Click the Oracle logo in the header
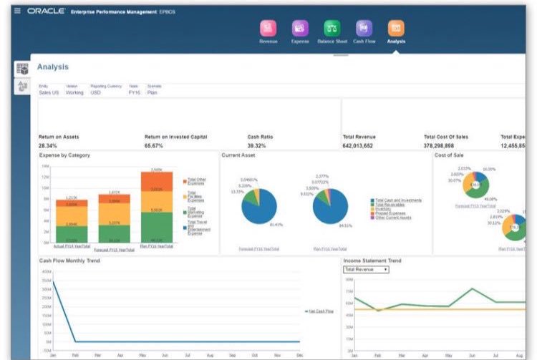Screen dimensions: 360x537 [47, 11]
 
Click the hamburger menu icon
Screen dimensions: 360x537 [17, 11]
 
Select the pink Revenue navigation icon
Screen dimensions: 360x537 [268, 28]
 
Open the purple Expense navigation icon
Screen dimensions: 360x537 [299, 28]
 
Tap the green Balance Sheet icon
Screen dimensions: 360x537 [332, 28]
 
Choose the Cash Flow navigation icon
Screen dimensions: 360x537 [364, 28]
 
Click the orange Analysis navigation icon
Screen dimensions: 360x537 [395, 28]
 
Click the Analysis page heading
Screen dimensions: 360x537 [53, 67]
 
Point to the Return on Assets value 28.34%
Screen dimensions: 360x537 [48, 145]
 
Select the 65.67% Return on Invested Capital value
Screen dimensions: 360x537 [155, 145]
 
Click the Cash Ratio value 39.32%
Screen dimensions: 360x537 [257, 145]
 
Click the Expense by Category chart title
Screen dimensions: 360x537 [64, 155]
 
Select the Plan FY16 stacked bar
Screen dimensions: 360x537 [156, 208]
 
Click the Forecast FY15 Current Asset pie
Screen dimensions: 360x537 [258, 208]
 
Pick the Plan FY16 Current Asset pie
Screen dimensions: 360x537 [331, 208]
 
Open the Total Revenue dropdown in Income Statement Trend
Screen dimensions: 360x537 [366, 269]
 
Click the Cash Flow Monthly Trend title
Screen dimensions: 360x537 [69, 261]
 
